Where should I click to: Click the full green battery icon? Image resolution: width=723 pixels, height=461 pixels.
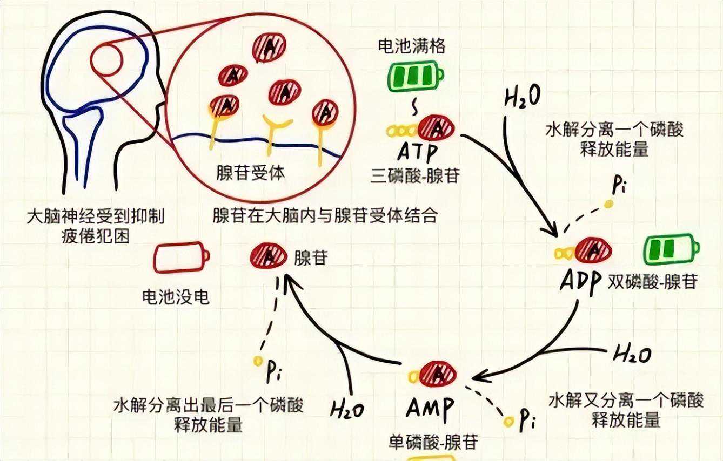(x=414, y=78)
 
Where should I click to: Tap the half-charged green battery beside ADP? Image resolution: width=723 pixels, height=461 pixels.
(x=670, y=249)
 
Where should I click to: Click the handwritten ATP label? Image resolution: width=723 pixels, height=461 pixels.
(x=417, y=153)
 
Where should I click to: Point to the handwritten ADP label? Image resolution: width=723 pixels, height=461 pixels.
(x=581, y=281)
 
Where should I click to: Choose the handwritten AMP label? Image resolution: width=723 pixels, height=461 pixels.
(x=430, y=406)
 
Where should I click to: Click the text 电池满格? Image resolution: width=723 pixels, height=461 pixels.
(x=412, y=47)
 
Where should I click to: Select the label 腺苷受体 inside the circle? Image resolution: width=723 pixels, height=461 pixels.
(x=250, y=174)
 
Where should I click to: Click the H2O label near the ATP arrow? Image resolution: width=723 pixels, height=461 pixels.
(x=523, y=98)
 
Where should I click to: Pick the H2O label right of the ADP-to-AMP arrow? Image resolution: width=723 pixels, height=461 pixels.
(x=632, y=354)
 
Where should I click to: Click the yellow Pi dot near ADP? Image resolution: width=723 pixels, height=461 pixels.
(x=608, y=204)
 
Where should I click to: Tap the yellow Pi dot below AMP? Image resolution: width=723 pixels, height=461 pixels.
(x=507, y=421)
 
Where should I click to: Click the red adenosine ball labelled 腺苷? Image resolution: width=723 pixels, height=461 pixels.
(x=269, y=255)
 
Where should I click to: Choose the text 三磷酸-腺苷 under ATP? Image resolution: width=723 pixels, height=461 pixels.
(x=415, y=177)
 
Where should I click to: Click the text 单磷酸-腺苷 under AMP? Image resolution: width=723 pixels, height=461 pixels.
(x=433, y=443)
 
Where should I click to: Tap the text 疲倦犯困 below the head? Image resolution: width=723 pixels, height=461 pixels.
(x=96, y=236)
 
